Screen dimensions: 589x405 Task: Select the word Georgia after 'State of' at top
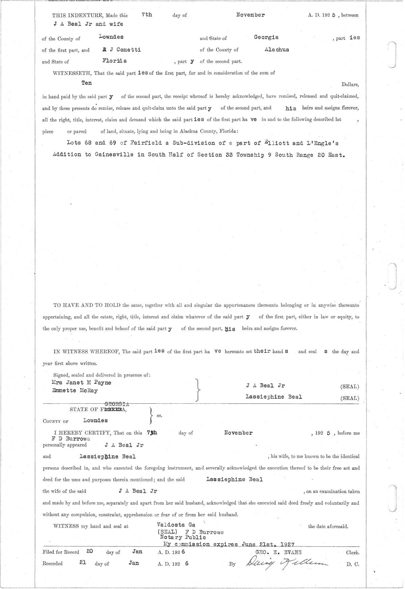(266, 37)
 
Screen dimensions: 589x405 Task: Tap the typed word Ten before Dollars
(87, 83)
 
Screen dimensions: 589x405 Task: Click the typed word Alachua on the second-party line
(277, 49)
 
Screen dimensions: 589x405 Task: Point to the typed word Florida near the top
(114, 61)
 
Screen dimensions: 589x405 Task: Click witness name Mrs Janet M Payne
(81, 382)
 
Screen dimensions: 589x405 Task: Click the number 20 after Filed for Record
(90, 552)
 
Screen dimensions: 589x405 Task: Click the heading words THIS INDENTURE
(78, 16)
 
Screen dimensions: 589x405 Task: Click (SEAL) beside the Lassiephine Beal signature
(350, 398)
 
